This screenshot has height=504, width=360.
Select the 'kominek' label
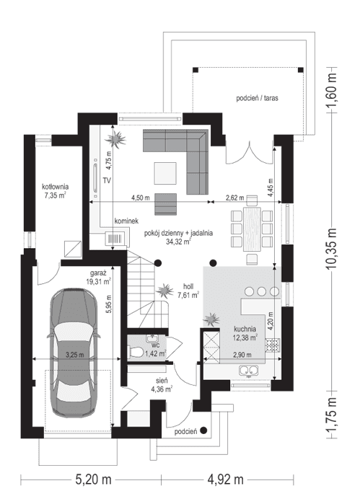[x=126, y=223]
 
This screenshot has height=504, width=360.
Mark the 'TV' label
[x=106, y=180]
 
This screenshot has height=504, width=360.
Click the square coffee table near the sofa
[x=166, y=172]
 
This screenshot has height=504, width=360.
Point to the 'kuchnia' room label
[x=245, y=328]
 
